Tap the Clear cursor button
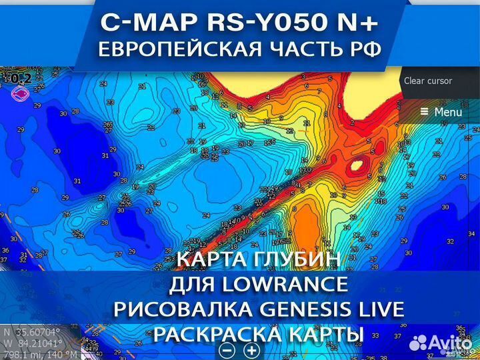click(x=428, y=81)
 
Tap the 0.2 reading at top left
click(x=21, y=79)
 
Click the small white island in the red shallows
click(x=356, y=164)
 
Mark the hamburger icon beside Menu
click(x=424, y=112)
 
